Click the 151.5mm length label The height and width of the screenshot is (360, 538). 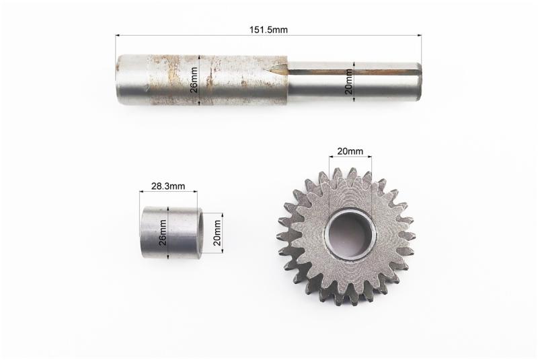(268, 30)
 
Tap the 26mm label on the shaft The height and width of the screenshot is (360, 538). (194, 80)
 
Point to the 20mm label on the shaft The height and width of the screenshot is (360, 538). (349, 81)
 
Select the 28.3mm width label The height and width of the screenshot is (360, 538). (168, 186)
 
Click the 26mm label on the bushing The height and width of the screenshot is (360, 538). (163, 232)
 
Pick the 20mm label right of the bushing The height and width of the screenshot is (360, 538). (217, 233)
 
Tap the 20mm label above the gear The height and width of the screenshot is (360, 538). (350, 151)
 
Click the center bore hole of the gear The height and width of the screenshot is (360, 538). (350, 234)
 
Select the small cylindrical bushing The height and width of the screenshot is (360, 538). (171, 232)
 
